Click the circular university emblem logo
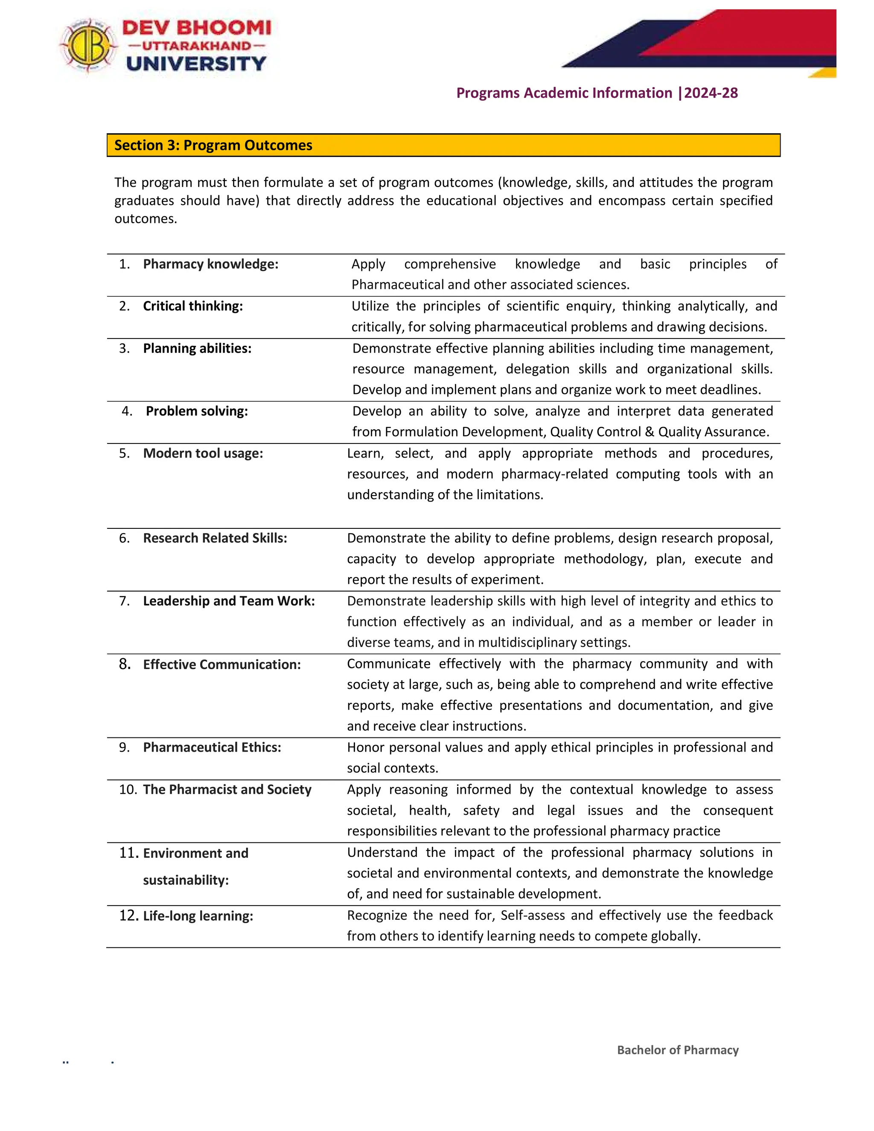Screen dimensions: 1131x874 [88, 46]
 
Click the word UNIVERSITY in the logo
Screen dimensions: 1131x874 [196, 64]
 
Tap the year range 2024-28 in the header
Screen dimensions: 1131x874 [711, 93]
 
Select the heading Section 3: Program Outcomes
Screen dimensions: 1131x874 [213, 146]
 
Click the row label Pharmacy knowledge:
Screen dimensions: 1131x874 [210, 264]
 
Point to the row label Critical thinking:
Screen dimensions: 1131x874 [192, 306]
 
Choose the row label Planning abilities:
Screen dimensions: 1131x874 [197, 349]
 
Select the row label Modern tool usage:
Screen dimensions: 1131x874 [203, 454]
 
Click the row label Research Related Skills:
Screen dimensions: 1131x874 [215, 539]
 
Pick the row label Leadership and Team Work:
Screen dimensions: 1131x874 [229, 601]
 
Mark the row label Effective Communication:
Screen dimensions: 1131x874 [221, 665]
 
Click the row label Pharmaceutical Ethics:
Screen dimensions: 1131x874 [212, 748]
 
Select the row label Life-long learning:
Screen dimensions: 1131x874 [198, 916]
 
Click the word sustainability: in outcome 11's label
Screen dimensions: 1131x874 [186, 880]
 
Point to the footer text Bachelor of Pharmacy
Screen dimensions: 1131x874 [677, 1050]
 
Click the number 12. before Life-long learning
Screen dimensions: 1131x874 [128, 916]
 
